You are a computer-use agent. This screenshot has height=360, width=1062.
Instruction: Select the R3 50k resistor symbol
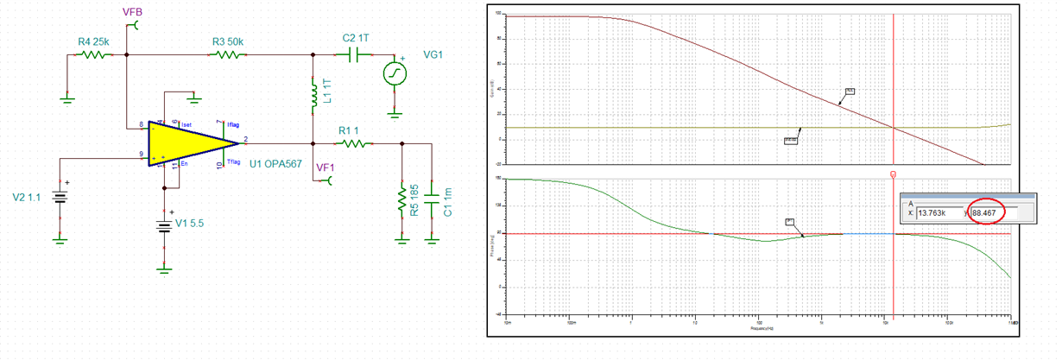pyautogui.click(x=227, y=54)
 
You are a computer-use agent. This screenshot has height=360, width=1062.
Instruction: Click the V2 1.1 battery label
pyautogui.click(x=28, y=197)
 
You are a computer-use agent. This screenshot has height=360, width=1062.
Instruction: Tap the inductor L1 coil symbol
pyautogui.click(x=312, y=96)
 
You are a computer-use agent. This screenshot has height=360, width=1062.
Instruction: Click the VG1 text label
pyautogui.click(x=435, y=54)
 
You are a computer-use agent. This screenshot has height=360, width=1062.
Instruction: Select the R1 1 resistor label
pyautogui.click(x=350, y=130)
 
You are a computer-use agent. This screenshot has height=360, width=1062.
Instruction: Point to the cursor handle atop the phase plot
pyautogui.click(x=893, y=174)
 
